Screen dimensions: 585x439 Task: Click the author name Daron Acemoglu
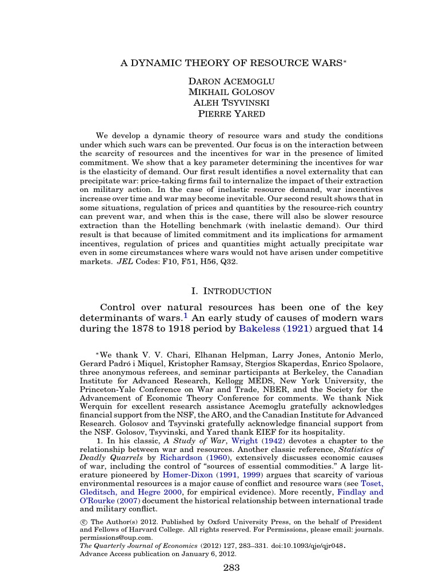(x=219, y=81)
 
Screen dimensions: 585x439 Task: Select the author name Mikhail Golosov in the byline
(x=219, y=91)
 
